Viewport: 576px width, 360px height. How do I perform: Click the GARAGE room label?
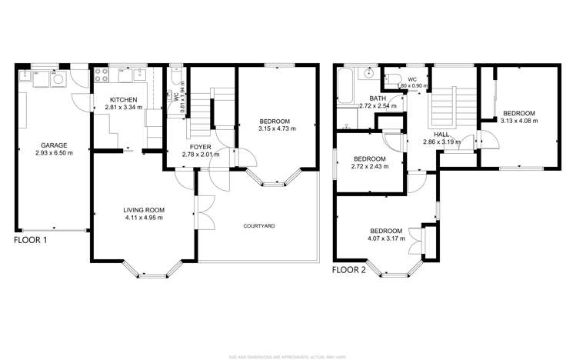[x=54, y=145]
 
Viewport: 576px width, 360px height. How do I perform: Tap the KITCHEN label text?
[x=123, y=100]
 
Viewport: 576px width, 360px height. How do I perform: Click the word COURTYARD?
[x=259, y=226]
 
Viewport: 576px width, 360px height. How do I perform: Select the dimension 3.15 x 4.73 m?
[x=275, y=129]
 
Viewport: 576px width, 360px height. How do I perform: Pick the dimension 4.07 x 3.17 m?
[x=385, y=238]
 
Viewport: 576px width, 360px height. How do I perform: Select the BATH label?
[x=378, y=98]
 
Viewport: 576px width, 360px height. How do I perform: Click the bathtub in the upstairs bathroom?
[x=344, y=86]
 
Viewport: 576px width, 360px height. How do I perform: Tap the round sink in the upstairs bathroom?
[x=368, y=74]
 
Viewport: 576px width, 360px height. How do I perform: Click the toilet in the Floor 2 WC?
[x=392, y=78]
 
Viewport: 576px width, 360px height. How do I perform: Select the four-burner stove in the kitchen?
[x=102, y=75]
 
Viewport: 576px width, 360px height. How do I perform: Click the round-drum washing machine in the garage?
[x=59, y=77]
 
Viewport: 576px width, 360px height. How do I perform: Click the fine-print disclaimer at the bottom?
[x=288, y=355]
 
